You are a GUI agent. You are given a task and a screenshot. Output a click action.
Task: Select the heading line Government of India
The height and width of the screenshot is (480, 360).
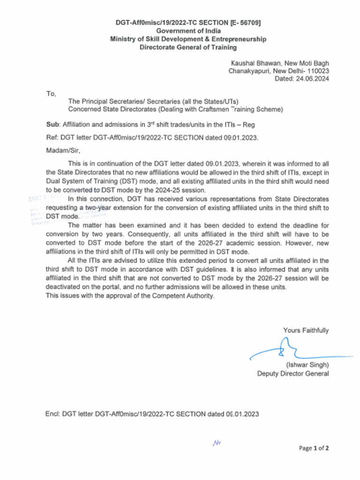(188, 31)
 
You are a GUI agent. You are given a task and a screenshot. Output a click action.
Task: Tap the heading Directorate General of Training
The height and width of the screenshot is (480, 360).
(188, 47)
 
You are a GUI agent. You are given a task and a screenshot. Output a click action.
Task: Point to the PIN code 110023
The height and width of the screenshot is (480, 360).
(318, 71)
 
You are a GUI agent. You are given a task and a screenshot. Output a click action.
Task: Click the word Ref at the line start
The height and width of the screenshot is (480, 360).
(52, 138)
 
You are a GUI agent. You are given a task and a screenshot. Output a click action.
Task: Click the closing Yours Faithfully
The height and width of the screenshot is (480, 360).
(306, 330)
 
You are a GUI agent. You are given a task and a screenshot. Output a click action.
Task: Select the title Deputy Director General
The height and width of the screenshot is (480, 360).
(292, 374)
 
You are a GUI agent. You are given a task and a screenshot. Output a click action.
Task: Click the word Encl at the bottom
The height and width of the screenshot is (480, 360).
(52, 414)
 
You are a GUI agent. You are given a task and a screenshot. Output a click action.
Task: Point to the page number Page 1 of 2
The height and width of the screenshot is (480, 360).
(314, 448)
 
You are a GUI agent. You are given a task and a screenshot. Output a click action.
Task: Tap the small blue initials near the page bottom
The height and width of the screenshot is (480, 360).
(216, 442)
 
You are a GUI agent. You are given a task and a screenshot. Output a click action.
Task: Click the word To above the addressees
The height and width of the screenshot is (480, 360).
(51, 94)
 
